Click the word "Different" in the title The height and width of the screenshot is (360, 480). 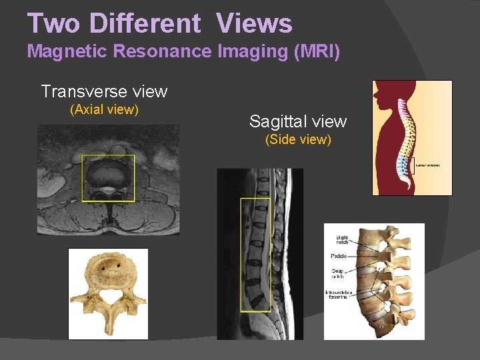[145, 23]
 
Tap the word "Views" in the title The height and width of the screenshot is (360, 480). [254, 23]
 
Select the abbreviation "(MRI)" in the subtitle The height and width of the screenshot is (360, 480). [317, 51]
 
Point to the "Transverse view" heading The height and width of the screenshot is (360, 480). [104, 91]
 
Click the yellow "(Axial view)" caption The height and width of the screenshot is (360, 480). [104, 109]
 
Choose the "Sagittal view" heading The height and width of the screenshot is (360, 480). [298, 121]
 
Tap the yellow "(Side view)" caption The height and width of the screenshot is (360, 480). [298, 140]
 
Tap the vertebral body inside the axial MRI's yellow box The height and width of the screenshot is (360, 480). [108, 175]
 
